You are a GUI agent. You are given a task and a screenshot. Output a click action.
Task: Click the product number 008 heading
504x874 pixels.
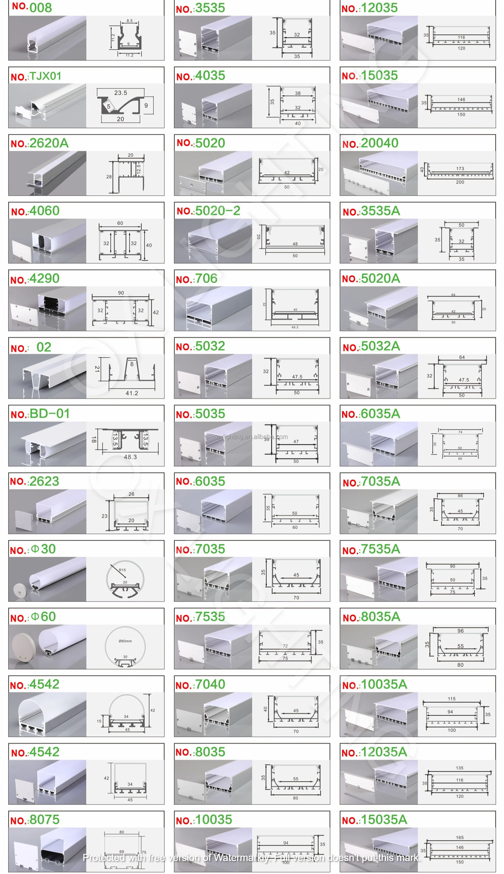click(x=32, y=7)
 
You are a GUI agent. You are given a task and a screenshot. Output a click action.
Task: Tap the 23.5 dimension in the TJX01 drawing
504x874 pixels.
click(x=120, y=93)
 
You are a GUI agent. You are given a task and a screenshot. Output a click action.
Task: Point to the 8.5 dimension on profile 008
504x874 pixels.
click(x=130, y=21)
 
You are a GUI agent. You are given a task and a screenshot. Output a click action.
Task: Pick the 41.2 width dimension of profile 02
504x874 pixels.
click(x=132, y=393)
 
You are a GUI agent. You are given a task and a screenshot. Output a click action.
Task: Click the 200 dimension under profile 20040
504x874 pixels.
click(x=460, y=182)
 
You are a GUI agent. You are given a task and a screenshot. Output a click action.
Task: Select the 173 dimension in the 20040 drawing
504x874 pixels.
click(x=460, y=169)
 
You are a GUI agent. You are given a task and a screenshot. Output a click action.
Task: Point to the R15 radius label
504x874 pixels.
click(x=122, y=570)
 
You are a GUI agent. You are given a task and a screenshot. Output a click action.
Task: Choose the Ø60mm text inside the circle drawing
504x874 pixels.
click(x=125, y=641)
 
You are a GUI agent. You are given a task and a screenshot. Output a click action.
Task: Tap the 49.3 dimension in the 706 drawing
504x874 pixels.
click(x=295, y=327)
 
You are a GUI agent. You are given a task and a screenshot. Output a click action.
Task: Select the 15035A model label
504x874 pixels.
click(x=374, y=820)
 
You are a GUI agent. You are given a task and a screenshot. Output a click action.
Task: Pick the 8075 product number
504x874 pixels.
click(x=35, y=820)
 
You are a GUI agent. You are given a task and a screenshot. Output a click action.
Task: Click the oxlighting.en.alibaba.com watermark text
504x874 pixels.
click(x=252, y=437)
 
